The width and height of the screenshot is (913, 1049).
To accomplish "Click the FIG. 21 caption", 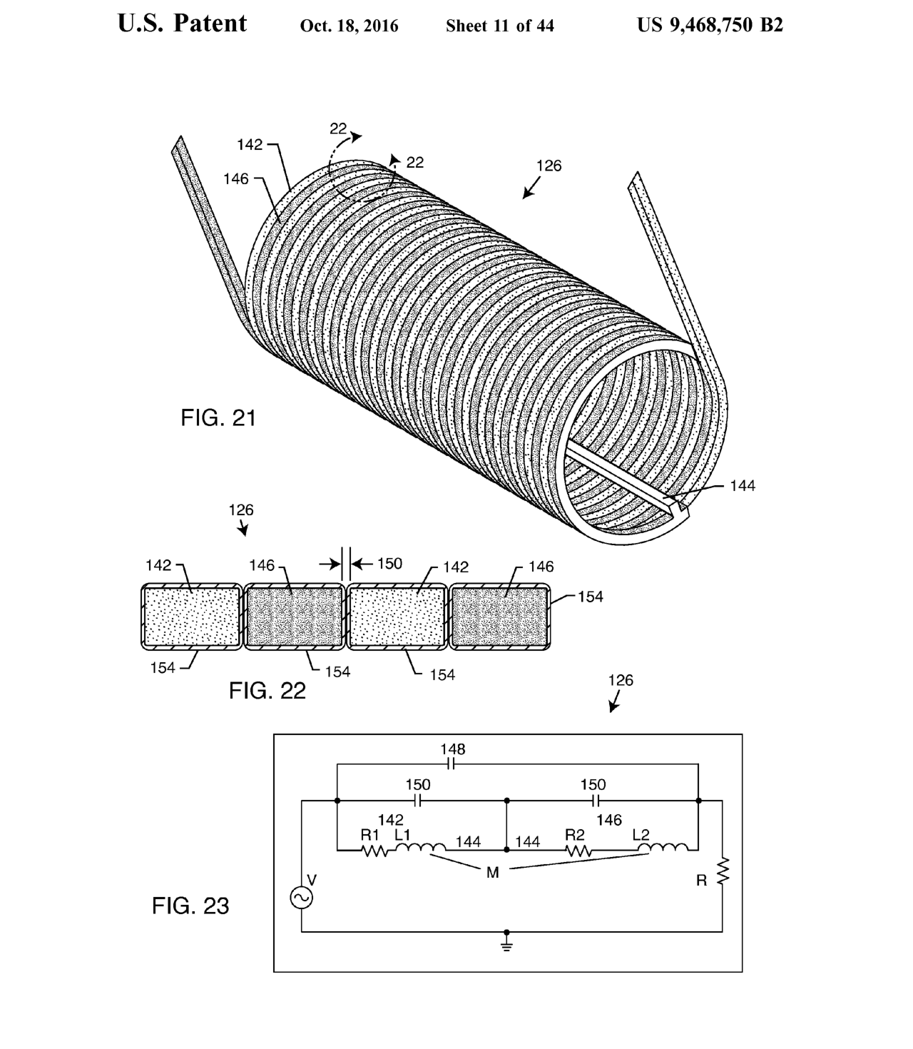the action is tap(218, 418).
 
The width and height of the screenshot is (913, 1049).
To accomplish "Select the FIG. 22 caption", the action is tap(267, 691).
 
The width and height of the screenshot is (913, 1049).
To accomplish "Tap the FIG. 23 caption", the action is tap(190, 906).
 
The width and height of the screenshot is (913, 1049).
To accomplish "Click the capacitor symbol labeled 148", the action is tap(451, 764).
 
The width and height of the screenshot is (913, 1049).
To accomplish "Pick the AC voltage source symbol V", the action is tap(301, 897).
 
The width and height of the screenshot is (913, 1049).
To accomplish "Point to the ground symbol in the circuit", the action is tap(506, 944).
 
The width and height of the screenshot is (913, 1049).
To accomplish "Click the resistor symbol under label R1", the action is tap(374, 851).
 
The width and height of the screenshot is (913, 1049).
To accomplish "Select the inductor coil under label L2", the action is tap(663, 848).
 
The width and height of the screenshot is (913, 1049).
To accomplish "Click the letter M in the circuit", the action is tap(492, 873).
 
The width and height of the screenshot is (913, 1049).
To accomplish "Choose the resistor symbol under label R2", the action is tap(579, 851).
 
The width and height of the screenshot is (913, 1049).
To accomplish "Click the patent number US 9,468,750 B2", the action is tap(710, 24).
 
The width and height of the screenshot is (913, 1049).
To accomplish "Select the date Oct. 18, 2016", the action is tap(349, 26).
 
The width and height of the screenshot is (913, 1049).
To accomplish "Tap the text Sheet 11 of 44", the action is tap(499, 26).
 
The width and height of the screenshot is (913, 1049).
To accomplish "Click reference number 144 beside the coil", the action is tap(743, 485).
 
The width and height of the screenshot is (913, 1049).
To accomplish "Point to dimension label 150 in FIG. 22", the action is tap(389, 564).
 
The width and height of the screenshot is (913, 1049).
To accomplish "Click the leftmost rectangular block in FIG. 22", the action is tap(192, 617).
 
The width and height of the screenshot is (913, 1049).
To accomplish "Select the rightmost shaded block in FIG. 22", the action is tap(499, 617).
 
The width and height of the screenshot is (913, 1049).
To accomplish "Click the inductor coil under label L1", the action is tap(420, 848).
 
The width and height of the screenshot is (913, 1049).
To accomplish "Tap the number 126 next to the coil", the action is tap(549, 166).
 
